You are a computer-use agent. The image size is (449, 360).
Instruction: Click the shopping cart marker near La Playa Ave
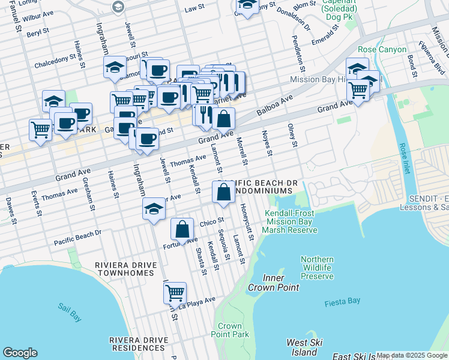pos(175,293)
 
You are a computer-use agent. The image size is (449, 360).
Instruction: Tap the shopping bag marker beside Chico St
pos(182,229)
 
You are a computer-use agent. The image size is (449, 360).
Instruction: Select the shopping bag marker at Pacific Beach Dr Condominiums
pos(223,192)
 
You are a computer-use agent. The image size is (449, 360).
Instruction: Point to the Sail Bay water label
pos(70,308)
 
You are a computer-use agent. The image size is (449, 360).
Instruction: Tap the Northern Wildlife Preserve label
pos(317,268)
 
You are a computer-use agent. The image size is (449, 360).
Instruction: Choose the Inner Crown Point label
pos(281,283)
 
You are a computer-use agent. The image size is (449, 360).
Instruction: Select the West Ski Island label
pos(304,347)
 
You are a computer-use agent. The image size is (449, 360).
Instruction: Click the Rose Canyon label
pos(382,49)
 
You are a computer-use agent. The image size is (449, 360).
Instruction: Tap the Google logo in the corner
pos(20,353)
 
